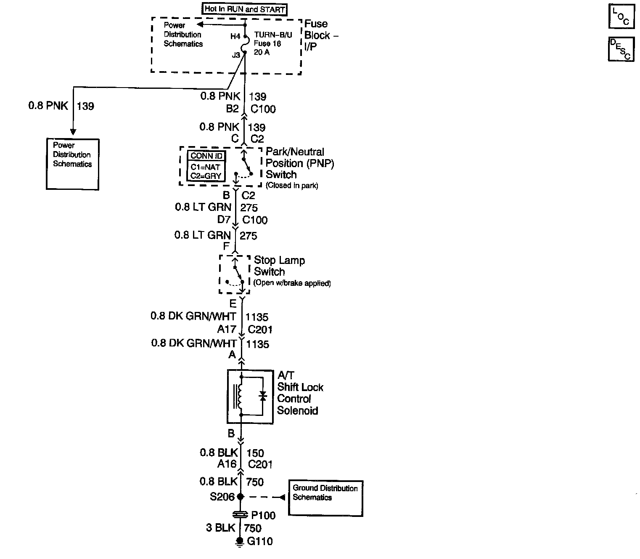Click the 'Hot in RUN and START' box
coord(245,9)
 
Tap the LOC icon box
coord(621,16)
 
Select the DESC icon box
coord(621,49)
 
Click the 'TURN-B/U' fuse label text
coord(273,35)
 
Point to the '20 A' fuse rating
coord(262,52)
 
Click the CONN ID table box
coord(206,166)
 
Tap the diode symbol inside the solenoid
coord(263,396)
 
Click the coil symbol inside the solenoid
coord(241,396)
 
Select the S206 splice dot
coord(241,497)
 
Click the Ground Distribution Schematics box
coord(325,498)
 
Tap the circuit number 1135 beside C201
coord(257,317)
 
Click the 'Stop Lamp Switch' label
coord(279,266)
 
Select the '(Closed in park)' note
coord(292,186)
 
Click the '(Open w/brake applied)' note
coord(292,283)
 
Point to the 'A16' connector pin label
coord(227,464)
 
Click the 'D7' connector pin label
coord(224,220)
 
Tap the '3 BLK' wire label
coord(220,528)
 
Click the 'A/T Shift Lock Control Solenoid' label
coord(300,393)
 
